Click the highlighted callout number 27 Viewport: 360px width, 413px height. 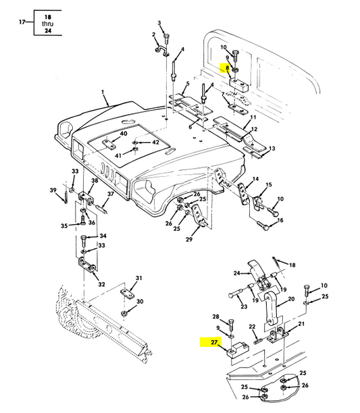tap(214, 342)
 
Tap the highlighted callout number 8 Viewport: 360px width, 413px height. tap(227, 68)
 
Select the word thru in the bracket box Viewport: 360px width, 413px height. tap(48, 24)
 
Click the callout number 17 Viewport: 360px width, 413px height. tap(22, 22)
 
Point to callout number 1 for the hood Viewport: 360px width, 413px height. tap(103, 92)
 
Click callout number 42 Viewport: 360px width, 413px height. tap(156, 142)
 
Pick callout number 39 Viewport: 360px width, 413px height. tap(53, 190)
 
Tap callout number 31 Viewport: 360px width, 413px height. tap(139, 278)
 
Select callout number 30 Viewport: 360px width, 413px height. tap(140, 302)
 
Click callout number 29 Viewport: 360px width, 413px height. tap(189, 240)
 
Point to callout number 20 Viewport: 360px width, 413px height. tap(291, 299)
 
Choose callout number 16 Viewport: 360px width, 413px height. tap(280, 220)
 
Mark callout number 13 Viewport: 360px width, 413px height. tap(272, 148)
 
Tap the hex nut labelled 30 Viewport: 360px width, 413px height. tap(124, 313)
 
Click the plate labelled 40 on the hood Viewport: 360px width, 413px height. tap(109, 144)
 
